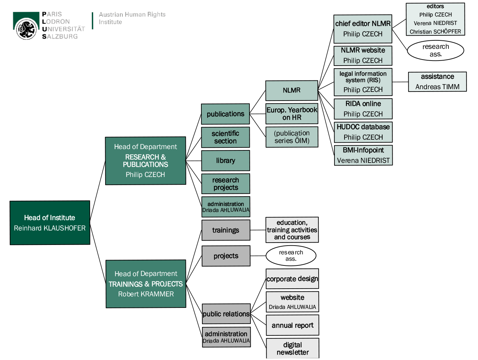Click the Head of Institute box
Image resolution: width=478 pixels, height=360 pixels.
[x=50, y=223]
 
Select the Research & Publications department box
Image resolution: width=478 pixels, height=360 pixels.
[x=145, y=161]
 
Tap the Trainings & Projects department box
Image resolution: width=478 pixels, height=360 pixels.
[x=146, y=284]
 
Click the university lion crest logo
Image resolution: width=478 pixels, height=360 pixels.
[x=26, y=28]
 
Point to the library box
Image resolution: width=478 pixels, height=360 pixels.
[x=226, y=160]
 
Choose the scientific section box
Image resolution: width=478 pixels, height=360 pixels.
[x=226, y=137]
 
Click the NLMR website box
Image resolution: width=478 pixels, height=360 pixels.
[x=363, y=56]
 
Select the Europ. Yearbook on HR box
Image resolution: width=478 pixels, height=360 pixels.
[x=291, y=114]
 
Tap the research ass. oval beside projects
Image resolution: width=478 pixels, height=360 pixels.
[x=291, y=256]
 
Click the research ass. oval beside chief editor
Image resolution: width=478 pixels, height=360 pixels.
[x=435, y=50]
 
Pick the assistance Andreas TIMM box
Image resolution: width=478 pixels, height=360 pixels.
[x=437, y=81]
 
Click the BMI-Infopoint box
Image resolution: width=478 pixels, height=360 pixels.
[x=363, y=155]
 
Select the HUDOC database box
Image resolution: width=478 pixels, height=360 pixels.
[x=363, y=132]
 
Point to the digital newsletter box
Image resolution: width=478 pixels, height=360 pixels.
[x=292, y=348]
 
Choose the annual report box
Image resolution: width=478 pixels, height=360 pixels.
[x=292, y=325]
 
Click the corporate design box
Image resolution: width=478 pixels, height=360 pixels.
[x=292, y=279]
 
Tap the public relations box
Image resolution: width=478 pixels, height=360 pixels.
[x=226, y=314]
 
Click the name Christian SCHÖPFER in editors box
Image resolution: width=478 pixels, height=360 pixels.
[x=435, y=32]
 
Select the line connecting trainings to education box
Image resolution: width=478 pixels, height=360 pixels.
[x=258, y=230]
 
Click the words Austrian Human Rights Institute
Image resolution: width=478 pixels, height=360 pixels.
[x=132, y=18]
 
